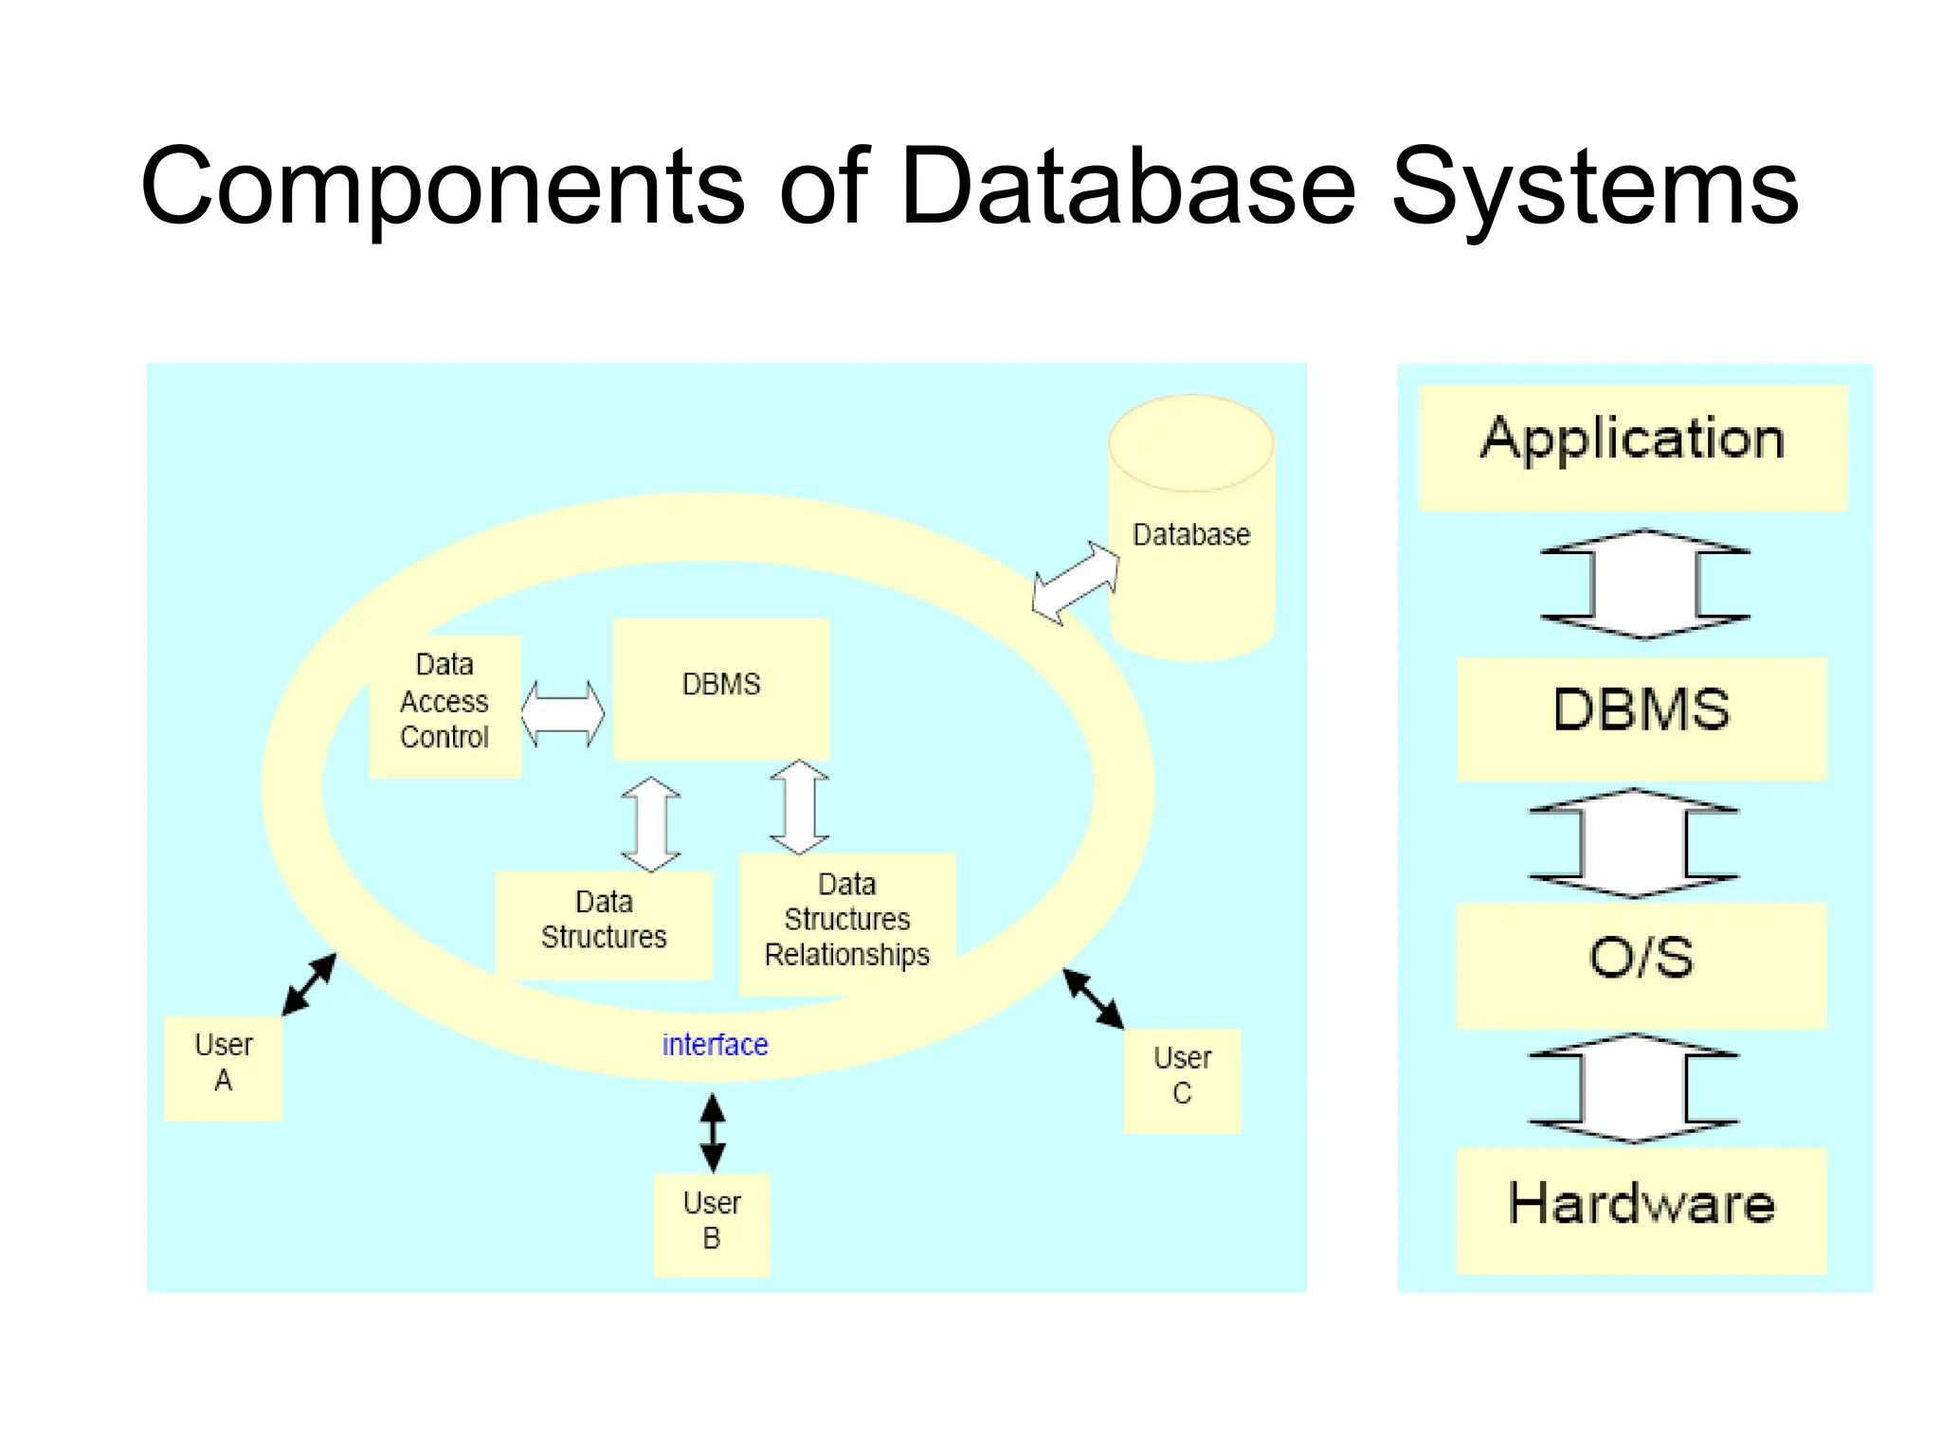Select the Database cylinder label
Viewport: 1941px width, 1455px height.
[1191, 534]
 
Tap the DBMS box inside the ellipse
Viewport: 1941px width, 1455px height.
[721, 688]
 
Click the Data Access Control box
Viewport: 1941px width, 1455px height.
[444, 706]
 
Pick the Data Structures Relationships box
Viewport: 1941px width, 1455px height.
[846, 923]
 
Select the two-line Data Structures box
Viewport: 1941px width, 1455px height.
[604, 923]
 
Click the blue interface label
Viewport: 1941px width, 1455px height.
[715, 1045]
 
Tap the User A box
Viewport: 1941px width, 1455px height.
[224, 1068]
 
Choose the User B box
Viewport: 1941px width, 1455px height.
[712, 1224]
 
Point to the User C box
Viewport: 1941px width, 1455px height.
[1182, 1080]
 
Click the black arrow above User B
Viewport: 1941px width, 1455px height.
[713, 1133]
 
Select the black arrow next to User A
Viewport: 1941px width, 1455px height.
[309, 985]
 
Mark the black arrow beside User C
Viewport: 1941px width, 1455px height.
[1093, 998]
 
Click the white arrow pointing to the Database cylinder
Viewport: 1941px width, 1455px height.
[1076, 584]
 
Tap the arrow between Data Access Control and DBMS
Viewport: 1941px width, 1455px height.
[563, 713]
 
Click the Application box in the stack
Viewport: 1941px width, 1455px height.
[1633, 447]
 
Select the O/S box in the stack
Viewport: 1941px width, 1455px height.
[1641, 964]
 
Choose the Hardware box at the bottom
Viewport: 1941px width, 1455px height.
[1641, 1210]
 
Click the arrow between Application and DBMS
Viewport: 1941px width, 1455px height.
[1644, 584]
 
